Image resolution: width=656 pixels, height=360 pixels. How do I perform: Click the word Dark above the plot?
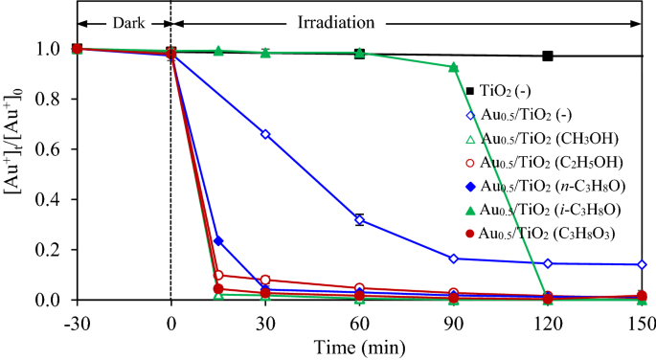click(x=124, y=21)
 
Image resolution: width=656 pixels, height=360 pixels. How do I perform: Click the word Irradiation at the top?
click(x=401, y=21)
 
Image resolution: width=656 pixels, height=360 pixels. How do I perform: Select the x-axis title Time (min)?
click(x=359, y=346)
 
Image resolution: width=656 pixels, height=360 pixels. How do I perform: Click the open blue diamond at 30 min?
click(x=265, y=134)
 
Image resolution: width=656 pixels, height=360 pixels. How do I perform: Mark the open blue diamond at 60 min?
click(x=359, y=219)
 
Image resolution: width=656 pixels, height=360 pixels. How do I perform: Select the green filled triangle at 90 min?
click(x=453, y=67)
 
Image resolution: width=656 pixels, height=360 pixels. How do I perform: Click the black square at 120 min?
click(x=547, y=56)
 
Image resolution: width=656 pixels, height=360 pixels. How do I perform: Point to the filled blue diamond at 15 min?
click(x=218, y=241)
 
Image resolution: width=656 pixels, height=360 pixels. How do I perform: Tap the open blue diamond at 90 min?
click(x=453, y=259)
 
